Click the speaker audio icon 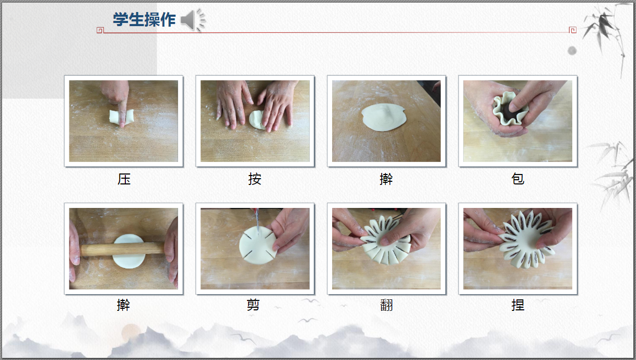click(x=193, y=20)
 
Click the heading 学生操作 click(x=144, y=20)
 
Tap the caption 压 click(x=124, y=179)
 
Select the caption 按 click(x=255, y=179)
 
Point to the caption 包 click(x=517, y=179)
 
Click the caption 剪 click(x=253, y=305)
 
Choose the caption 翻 click(x=386, y=305)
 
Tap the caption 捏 click(x=517, y=305)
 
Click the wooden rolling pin click(x=122, y=249)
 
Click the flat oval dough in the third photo click(x=384, y=118)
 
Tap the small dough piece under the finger click(x=121, y=117)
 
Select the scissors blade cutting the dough click(x=257, y=222)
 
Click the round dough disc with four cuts click(x=257, y=246)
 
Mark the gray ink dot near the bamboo click(x=572, y=51)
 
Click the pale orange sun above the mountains click(x=131, y=332)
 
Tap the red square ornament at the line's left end click(x=100, y=30)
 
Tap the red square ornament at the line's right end click(x=573, y=30)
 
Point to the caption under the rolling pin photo click(x=124, y=305)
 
